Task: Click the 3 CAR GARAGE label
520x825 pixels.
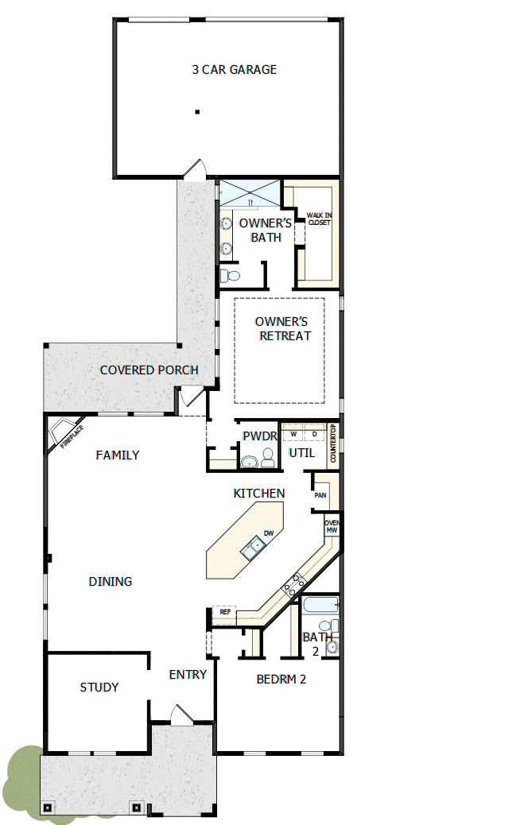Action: pos(234,70)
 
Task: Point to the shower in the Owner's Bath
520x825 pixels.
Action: pos(249,193)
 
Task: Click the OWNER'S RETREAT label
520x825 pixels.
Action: pos(281,328)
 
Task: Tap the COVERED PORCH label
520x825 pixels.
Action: pos(149,370)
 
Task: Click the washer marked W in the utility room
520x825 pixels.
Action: pos(293,435)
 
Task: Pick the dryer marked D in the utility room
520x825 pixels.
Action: pos(314,435)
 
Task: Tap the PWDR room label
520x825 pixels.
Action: pos(258,436)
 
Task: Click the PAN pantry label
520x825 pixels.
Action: pos(320,495)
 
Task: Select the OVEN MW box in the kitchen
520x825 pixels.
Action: pos(332,526)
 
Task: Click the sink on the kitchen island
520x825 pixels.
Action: pos(254,546)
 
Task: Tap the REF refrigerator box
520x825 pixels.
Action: pos(224,612)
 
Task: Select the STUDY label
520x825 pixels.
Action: pos(99,687)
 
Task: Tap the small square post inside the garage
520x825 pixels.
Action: pos(197,112)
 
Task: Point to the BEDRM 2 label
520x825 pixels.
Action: pos(281,680)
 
